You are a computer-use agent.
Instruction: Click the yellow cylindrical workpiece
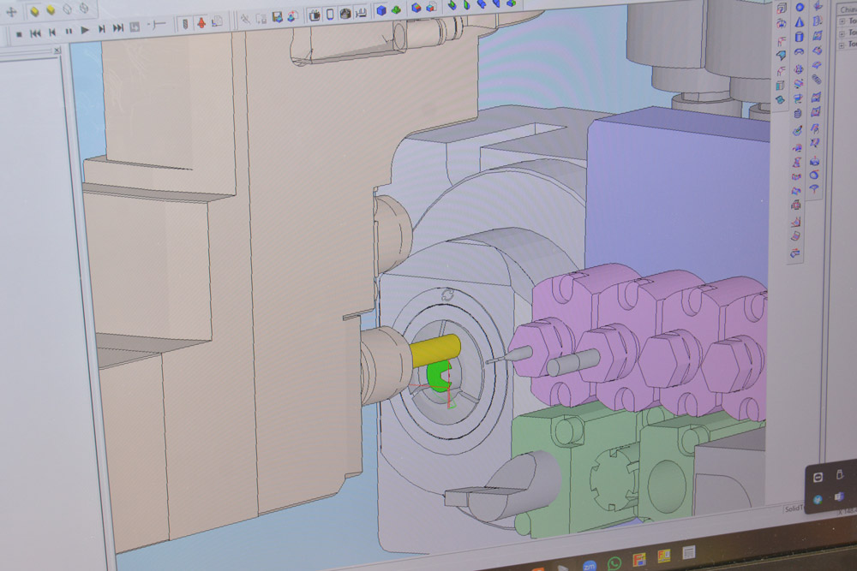tap(434, 351)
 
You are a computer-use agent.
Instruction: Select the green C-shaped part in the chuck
tap(439, 375)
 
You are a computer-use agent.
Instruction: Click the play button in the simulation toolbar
tap(85, 30)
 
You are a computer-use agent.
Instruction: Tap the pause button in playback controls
tap(69, 31)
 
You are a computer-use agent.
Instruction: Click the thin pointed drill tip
tap(495, 360)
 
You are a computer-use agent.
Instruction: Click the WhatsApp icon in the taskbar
tap(614, 563)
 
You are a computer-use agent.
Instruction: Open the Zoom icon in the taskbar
tap(590, 564)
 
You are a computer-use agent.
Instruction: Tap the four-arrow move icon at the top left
tap(11, 12)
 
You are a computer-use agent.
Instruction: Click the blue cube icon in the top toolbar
tap(382, 10)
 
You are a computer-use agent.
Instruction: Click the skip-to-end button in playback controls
tap(117, 29)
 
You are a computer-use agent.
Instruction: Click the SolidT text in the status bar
tap(794, 508)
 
